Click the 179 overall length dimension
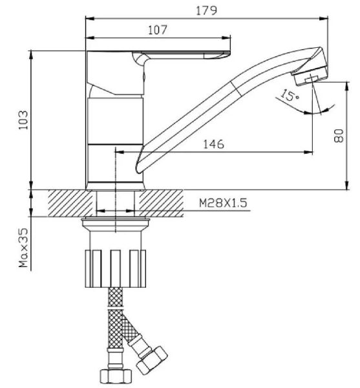206,10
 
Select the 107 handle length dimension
158,30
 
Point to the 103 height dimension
24,120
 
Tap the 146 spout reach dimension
214,144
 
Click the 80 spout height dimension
339,136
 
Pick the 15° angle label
290,95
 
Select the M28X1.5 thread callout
223,203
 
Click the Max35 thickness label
24,248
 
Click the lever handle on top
181,56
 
